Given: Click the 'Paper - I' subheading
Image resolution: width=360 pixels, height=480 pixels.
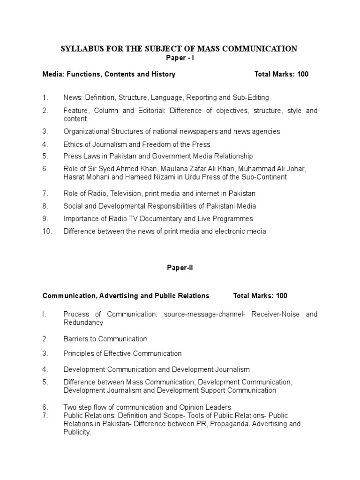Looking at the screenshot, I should (180, 58).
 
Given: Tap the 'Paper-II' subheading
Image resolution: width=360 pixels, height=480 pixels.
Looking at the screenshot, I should (180, 268).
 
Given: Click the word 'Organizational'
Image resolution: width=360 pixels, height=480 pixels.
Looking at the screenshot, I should (85, 131).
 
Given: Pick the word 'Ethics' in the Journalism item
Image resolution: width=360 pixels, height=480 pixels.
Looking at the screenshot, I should (73, 144).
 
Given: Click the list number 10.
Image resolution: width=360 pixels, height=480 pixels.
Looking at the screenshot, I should (47, 231).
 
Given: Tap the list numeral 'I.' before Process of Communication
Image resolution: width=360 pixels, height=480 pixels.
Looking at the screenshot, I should (45, 314).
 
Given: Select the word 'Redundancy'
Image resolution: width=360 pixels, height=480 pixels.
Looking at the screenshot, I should (83, 322).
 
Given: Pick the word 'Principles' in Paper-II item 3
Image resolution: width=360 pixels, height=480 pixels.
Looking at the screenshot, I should (79, 353).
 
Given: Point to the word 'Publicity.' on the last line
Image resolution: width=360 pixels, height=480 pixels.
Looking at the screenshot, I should (77, 432).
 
